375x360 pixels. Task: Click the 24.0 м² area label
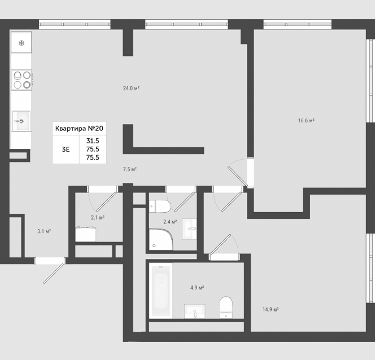[x=131, y=89]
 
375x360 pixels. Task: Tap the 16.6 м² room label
[x=306, y=121]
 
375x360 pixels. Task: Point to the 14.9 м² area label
[x=271, y=310]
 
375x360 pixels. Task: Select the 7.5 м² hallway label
[x=130, y=169]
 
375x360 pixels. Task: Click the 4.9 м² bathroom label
[x=197, y=288]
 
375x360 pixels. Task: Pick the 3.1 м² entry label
[x=44, y=231]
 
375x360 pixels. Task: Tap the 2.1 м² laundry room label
[x=98, y=217]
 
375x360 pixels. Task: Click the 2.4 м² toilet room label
[x=170, y=222]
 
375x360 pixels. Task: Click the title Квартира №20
[x=79, y=129]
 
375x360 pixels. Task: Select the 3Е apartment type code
[x=66, y=150]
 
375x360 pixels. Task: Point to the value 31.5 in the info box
[x=93, y=141]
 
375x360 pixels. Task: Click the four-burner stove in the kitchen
[x=22, y=80]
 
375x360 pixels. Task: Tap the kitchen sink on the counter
[x=21, y=121]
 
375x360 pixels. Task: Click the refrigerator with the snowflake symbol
[x=21, y=42]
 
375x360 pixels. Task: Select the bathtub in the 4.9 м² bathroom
[x=161, y=291]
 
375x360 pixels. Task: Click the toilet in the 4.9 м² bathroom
[x=226, y=308]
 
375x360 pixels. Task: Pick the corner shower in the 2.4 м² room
[x=161, y=240]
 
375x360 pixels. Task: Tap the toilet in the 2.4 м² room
[x=160, y=206]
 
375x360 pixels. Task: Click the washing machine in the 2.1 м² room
[x=86, y=234]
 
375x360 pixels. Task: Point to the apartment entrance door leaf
[x=54, y=274]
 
